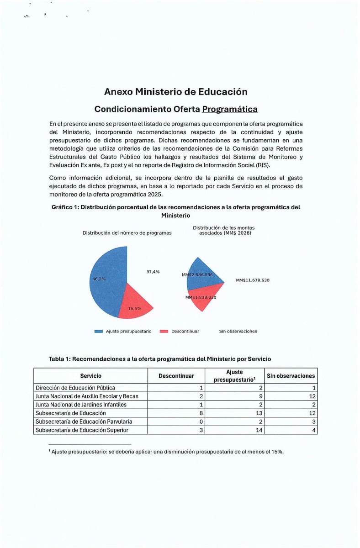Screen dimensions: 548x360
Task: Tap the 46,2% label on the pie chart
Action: coord(99,278)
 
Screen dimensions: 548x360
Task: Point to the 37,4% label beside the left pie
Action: coord(153,272)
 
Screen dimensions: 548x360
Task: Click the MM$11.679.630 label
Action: coord(253,280)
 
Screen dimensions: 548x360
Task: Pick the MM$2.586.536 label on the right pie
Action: coord(197,275)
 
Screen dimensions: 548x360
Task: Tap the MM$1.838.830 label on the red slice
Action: coord(201,297)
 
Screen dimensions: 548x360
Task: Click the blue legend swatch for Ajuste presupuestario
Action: coord(98,331)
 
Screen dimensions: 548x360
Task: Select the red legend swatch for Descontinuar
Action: coord(164,331)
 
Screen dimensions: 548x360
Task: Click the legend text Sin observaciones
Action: coord(238,331)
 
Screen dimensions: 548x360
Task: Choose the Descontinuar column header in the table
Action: coord(176,376)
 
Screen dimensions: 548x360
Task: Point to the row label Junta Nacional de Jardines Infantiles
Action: coord(81,405)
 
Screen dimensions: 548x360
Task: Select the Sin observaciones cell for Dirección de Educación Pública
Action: coord(314,388)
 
